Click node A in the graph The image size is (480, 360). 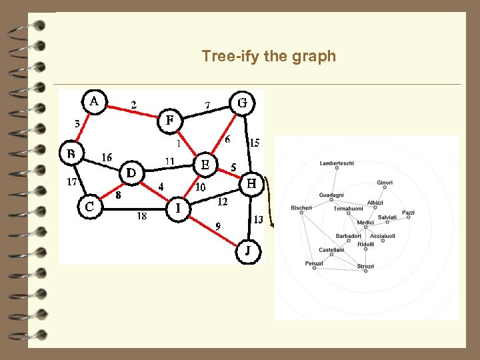94,102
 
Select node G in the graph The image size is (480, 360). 243,103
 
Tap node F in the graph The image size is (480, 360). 170,121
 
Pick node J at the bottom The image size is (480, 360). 248,251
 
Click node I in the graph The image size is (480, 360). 178,209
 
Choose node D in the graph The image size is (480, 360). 132,173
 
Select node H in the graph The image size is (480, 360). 251,183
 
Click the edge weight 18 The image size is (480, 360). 142,216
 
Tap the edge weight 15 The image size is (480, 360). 255,142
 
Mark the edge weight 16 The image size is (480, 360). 107,157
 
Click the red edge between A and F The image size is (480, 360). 133,112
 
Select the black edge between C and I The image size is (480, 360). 133,209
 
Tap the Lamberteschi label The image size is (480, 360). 337,163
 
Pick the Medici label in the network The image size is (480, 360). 365,223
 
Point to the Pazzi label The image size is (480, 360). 408,213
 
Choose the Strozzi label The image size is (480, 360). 365,267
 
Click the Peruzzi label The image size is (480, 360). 314,263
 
